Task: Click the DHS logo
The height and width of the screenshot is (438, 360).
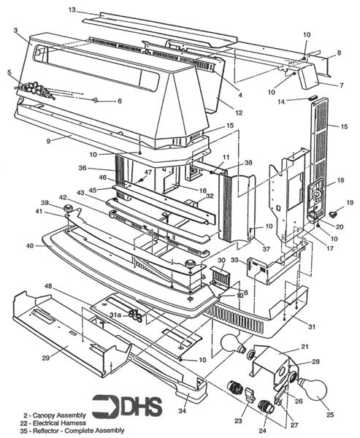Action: pyautogui.click(x=120, y=406)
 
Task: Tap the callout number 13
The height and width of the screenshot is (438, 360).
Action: pyautogui.click(x=72, y=9)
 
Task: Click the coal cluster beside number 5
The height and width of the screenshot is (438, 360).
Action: pyautogui.click(x=32, y=89)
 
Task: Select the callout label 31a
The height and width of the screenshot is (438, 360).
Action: pyautogui.click(x=115, y=314)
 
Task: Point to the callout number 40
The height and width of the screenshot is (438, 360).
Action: pyautogui.click(x=30, y=245)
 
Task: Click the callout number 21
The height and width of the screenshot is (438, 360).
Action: pyautogui.click(x=305, y=345)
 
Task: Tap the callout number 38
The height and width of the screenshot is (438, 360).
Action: pyautogui.click(x=228, y=163)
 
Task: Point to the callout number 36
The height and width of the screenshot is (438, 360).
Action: pyautogui.click(x=102, y=168)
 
